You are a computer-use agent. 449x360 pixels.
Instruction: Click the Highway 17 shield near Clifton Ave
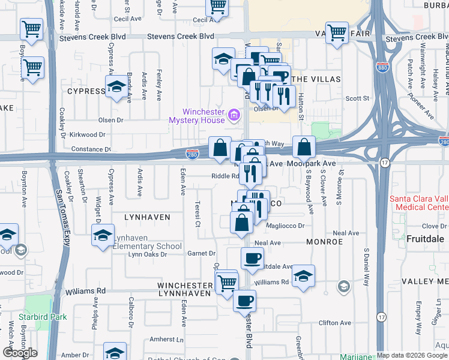click(x=381, y=316)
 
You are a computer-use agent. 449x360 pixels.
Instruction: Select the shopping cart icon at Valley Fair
click(x=337, y=32)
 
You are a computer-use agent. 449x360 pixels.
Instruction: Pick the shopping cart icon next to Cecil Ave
click(x=217, y=7)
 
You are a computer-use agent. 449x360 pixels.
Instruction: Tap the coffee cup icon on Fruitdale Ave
click(x=252, y=258)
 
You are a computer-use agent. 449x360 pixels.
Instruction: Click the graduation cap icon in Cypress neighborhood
click(x=115, y=87)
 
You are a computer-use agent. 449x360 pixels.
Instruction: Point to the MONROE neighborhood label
click(x=324, y=242)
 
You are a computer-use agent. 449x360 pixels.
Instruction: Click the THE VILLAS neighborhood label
click(x=316, y=79)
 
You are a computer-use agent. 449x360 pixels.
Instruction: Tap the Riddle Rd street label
click(x=224, y=176)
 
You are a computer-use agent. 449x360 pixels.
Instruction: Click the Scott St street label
click(x=356, y=98)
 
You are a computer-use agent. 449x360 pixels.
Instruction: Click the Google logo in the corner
click(x=20, y=353)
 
